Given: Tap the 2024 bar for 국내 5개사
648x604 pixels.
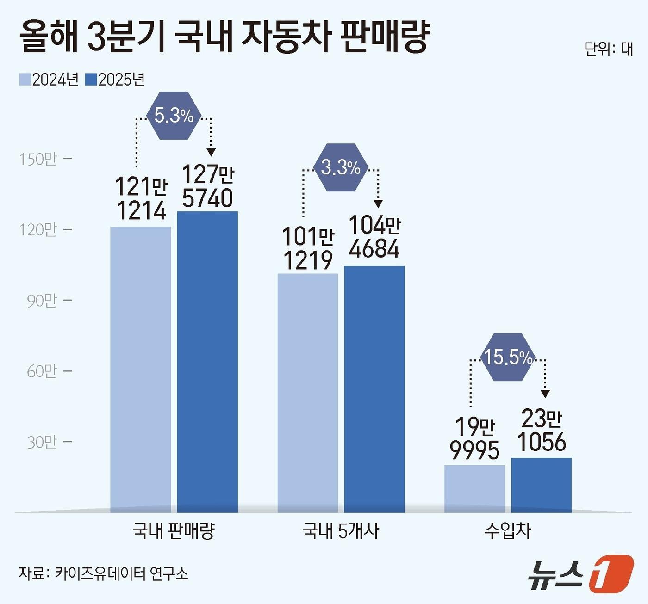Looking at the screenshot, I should click(308, 393).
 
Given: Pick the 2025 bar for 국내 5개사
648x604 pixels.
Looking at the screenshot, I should click(374, 389).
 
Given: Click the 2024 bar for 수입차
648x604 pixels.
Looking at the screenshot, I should click(474, 488).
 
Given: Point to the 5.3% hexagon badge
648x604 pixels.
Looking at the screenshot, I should click(174, 116).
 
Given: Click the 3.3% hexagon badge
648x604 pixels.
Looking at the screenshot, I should click(341, 167).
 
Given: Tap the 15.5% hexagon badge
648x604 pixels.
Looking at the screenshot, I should click(508, 357).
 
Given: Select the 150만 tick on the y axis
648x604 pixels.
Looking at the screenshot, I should click(38, 159).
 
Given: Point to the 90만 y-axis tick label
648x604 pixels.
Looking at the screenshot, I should click(42, 301).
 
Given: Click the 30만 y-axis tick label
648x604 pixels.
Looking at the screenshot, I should click(42, 442).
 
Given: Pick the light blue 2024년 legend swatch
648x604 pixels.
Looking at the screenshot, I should click(25, 80).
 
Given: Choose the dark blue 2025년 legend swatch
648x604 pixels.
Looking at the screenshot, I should click(91, 80).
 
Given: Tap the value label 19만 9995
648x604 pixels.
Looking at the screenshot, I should click(475, 438).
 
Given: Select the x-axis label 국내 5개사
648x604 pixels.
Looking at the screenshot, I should click(340, 531).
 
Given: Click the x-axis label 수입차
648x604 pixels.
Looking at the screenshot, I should click(508, 531).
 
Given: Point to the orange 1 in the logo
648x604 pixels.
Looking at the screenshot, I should click(611, 573).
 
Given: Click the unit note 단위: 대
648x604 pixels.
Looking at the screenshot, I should click(608, 49).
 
